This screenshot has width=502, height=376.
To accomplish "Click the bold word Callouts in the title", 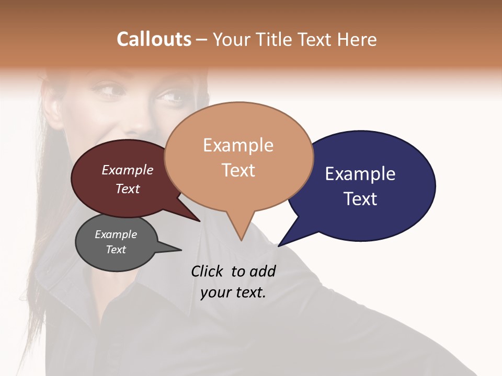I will (154, 39).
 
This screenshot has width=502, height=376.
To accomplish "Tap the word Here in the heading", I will (357, 39).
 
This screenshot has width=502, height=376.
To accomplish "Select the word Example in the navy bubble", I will (360, 174).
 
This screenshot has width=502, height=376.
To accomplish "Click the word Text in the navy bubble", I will (360, 199).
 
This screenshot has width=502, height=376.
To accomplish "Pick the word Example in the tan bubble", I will (238, 145).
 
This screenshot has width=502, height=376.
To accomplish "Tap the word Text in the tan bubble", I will (238, 170).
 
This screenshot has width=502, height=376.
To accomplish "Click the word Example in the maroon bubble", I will (128, 170).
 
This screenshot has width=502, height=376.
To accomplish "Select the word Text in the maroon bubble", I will (128, 189).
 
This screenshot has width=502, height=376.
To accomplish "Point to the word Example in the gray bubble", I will (116, 234).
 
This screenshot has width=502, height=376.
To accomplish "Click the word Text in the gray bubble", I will (116, 250).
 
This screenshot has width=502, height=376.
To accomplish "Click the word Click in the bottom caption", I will (208, 271).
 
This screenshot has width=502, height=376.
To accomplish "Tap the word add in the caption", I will (263, 271).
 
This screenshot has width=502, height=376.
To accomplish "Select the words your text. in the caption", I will (233, 292).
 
